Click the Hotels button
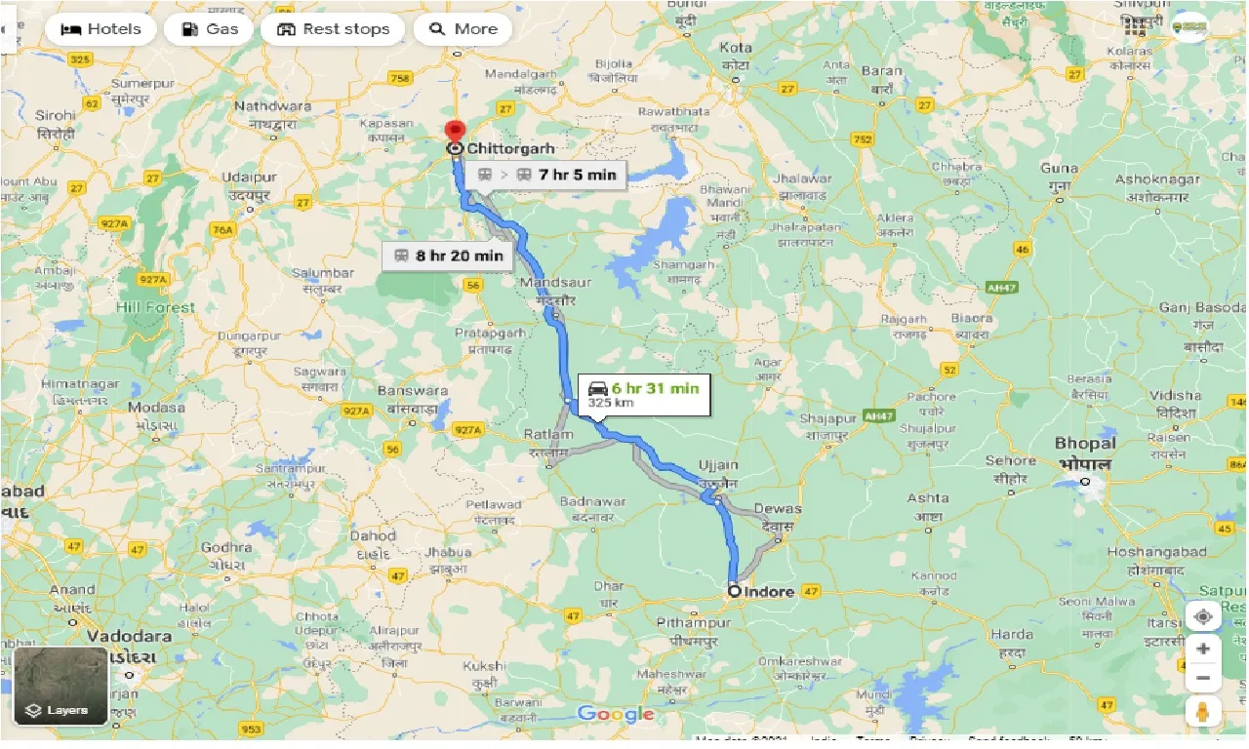tap(100, 29)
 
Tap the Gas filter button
tap(208, 29)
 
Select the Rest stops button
tap(333, 29)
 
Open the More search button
tap(463, 29)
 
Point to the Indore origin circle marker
tap(734, 590)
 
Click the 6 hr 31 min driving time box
tap(643, 393)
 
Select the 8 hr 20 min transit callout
tap(448, 256)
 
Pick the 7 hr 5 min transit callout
tap(546, 175)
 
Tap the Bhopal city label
tap(1084, 444)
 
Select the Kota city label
tap(736, 48)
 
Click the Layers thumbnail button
tap(60, 687)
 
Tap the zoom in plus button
tap(1203, 649)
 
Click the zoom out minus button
tap(1203, 678)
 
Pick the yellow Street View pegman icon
tap(1203, 713)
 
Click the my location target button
tap(1203, 616)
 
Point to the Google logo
tap(615, 715)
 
